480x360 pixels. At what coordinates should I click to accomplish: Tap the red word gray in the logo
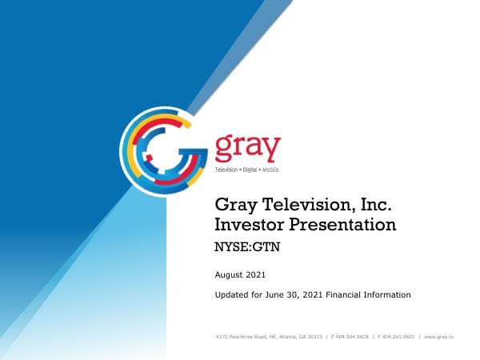point(247,149)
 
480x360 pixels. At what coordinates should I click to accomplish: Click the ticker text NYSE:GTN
point(247,247)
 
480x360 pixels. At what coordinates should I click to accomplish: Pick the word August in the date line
point(230,275)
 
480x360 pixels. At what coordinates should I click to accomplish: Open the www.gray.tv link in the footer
point(439,338)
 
